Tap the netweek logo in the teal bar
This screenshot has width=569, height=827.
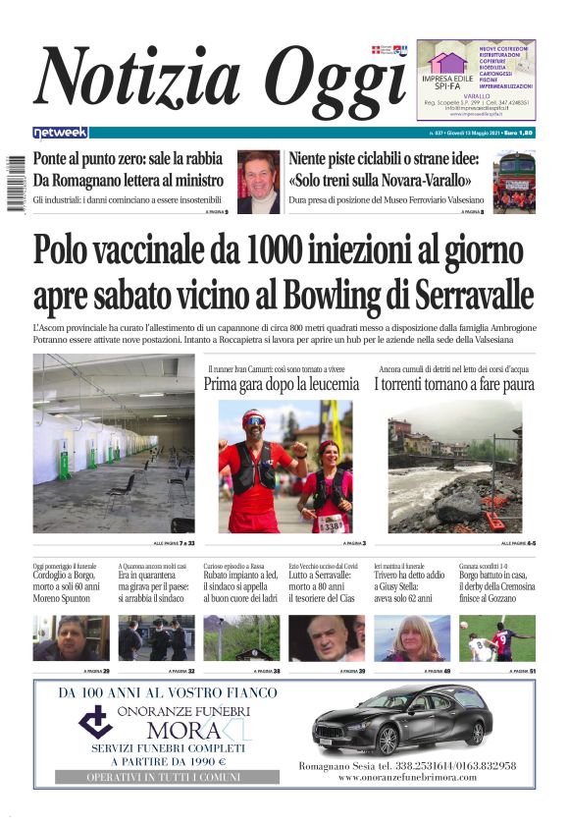coord(60,132)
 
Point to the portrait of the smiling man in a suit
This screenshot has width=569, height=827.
coord(258,183)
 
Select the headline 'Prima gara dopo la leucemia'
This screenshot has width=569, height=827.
coord(282,384)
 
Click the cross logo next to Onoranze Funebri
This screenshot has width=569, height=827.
coord(95,722)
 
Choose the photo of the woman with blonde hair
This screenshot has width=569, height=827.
coord(411,638)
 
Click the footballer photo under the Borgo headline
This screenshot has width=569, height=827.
coord(497,638)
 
